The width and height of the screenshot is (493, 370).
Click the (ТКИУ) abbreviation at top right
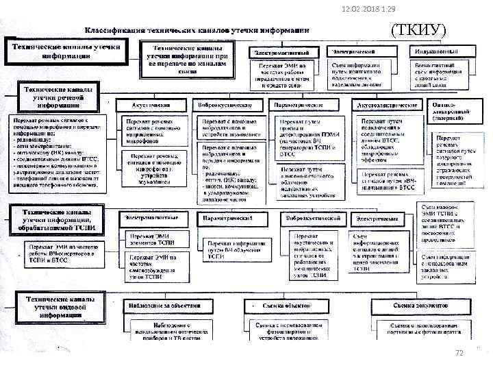418,30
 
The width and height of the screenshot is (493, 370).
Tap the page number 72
459,352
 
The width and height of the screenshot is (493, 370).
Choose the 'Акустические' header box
153,107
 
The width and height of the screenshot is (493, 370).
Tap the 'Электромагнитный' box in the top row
281,53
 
